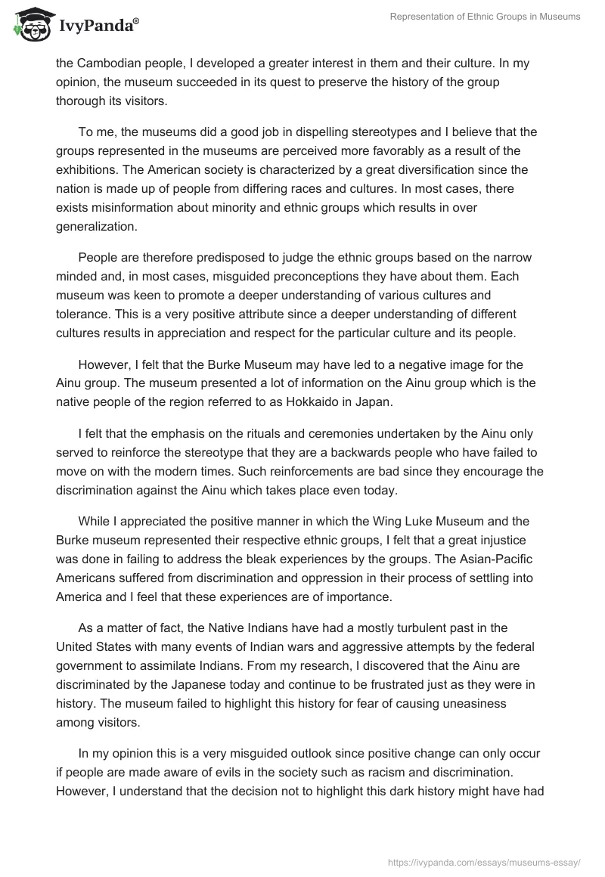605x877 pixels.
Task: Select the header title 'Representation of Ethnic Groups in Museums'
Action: pos(484,17)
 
